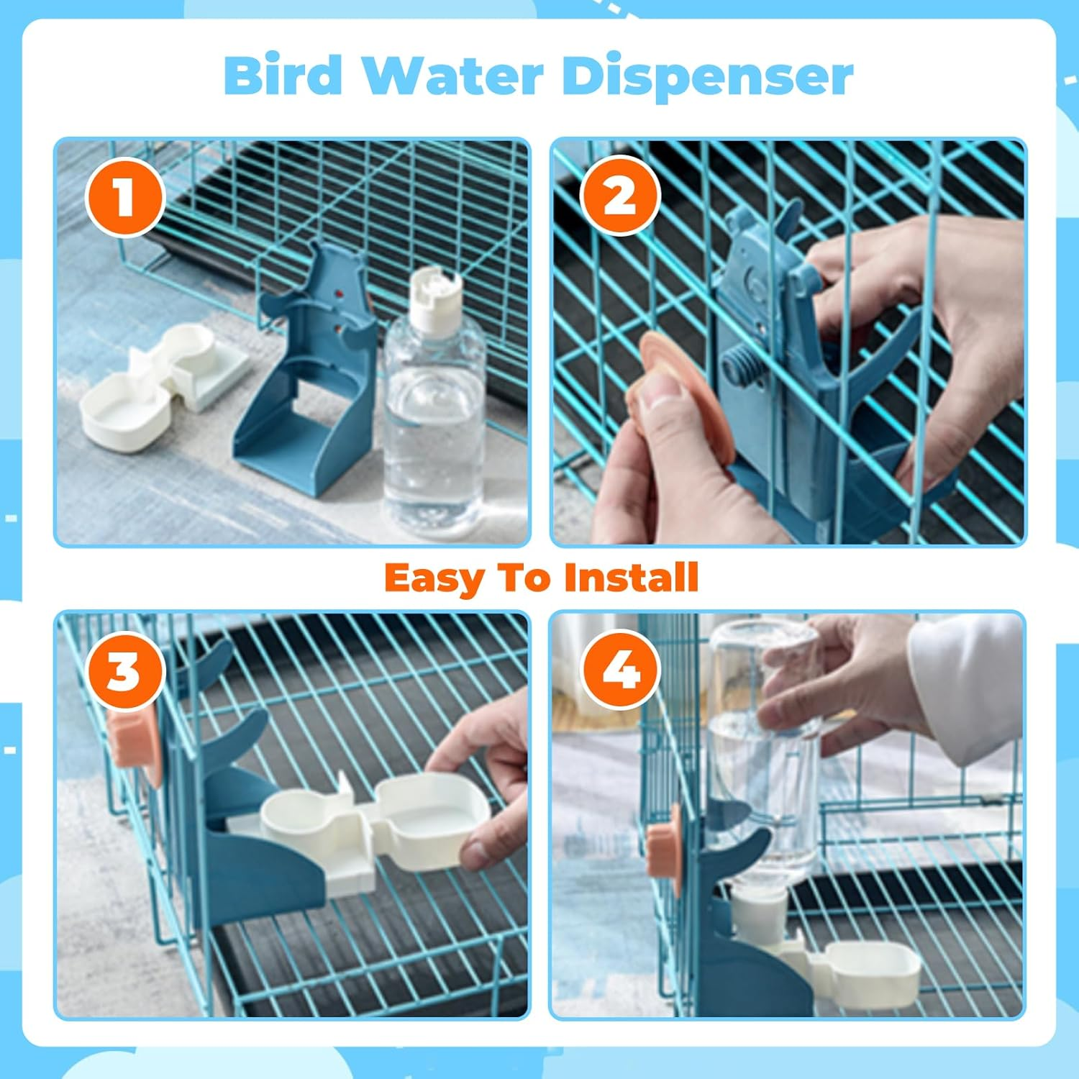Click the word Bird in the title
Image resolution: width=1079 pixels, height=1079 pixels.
[283, 75]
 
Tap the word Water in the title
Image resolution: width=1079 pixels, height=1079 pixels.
[452, 75]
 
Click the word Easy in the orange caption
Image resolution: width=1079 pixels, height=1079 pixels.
[434, 578]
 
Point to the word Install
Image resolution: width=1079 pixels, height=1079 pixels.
[631, 577]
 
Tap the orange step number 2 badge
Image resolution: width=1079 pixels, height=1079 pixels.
[620, 195]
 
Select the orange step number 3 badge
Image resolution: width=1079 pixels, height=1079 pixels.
[124, 671]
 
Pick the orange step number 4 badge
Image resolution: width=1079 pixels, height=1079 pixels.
[620, 670]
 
